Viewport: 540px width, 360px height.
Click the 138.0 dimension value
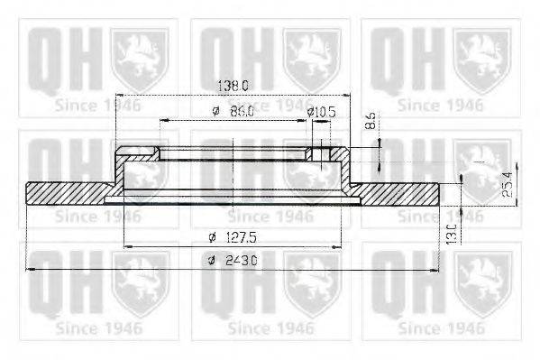[x=233, y=86]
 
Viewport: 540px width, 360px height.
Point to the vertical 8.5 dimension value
[x=371, y=121]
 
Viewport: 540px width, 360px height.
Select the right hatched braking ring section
[x=397, y=192]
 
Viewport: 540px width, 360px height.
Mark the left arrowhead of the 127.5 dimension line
[x=125, y=246]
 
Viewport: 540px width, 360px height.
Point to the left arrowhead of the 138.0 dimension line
[x=118, y=95]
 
